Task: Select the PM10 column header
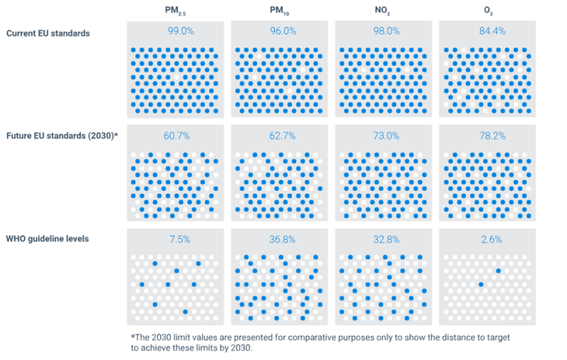coord(279,10)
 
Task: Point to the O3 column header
coord(487,10)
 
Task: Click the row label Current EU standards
coord(48,33)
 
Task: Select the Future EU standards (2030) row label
coord(62,136)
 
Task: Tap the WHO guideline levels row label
coord(48,239)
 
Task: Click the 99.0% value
coord(176,31)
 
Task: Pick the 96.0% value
coord(280,31)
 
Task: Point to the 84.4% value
coord(488,31)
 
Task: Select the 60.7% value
coord(176,136)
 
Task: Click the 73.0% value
coord(384,136)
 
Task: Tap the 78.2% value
coord(488,136)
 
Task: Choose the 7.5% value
coord(176,239)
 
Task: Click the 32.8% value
coord(384,239)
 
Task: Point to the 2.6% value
coord(488,239)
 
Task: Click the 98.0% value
coord(384,31)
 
